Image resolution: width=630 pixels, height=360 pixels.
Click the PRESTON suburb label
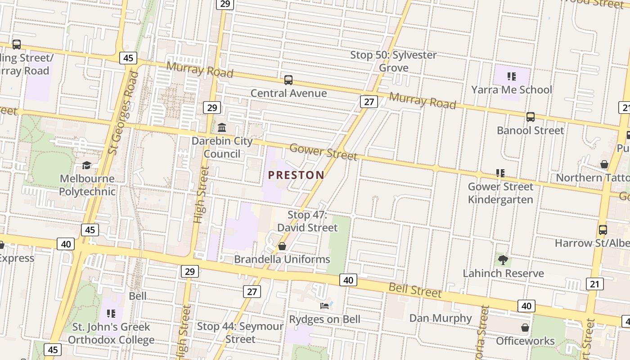tap(296, 175)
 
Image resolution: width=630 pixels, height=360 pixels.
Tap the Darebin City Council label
tap(222, 147)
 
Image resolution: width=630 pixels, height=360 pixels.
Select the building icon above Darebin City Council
tap(222, 128)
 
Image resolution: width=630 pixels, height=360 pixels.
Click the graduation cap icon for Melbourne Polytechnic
tap(87, 165)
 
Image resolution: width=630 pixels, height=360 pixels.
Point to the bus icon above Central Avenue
tap(288, 80)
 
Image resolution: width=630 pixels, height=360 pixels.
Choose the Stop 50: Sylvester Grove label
tap(393, 61)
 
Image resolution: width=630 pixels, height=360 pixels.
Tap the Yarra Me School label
tap(511, 90)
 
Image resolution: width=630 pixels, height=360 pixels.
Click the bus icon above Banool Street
tap(531, 117)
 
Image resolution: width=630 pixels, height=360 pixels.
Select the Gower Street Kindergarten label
tap(500, 193)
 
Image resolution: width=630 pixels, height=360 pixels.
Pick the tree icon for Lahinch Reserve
tap(503, 260)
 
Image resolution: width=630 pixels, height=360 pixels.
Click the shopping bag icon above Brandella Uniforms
tap(282, 246)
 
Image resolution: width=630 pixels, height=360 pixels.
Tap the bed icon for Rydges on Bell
tap(324, 306)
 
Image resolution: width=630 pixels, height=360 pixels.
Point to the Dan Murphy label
tap(440, 318)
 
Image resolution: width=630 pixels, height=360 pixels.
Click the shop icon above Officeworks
tap(525, 327)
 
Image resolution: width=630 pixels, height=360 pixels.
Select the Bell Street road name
tap(415, 290)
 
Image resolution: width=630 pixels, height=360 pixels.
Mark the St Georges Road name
tap(123, 112)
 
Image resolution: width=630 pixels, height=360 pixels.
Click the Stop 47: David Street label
tap(307, 221)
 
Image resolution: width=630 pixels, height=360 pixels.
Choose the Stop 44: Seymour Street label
tap(240, 333)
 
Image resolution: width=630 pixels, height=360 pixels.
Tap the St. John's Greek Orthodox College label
tap(111, 333)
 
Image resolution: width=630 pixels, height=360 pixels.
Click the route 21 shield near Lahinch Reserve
tap(595, 283)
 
